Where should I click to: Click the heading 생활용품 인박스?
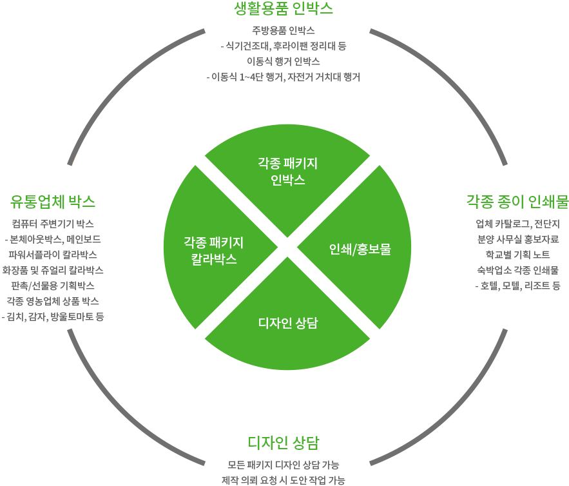click(x=284, y=9)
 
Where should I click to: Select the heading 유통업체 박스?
click(x=53, y=202)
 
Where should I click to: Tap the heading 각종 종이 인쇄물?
click(x=517, y=202)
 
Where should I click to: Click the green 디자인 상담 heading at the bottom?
click(x=284, y=443)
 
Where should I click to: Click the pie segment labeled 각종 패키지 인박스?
click(x=287, y=171)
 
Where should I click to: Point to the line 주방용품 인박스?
click(x=284, y=30)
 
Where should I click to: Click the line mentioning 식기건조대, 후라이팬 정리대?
click(x=284, y=46)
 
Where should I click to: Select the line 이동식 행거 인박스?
click(x=284, y=61)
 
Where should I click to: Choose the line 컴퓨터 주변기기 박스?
click(x=53, y=224)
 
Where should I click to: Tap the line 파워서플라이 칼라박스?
click(x=53, y=255)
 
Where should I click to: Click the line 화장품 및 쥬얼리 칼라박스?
click(x=53, y=270)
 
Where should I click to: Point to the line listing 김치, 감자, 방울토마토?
click(x=53, y=316)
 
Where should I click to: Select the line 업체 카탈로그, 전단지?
click(x=517, y=224)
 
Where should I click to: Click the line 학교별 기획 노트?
click(x=517, y=255)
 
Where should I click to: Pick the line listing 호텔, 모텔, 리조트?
click(x=517, y=286)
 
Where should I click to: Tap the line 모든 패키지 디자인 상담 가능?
click(x=284, y=465)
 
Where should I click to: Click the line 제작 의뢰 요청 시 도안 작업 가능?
click(x=284, y=480)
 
